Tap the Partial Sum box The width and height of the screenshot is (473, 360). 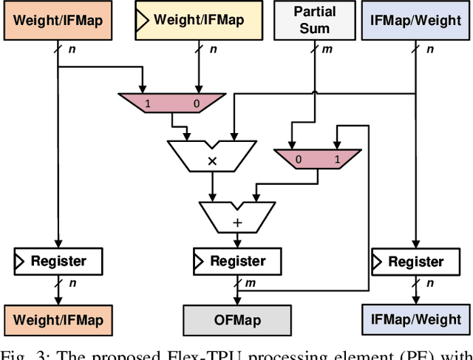[313, 21]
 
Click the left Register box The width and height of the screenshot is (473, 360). [59, 261]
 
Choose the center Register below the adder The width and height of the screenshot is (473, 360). [237, 261]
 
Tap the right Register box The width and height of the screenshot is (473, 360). [415, 261]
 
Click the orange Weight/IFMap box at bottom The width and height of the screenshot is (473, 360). [59, 321]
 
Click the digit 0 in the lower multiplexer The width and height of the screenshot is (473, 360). [298, 159]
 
